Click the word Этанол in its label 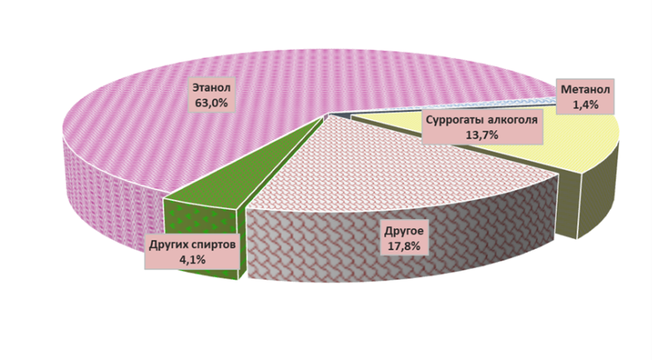(212, 88)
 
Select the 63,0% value (212, 103)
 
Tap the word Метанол (586, 90)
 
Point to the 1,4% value (586, 105)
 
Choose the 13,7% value (482, 134)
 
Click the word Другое (405, 231)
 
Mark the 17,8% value (404, 246)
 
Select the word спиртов (213, 245)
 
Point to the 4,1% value (193, 260)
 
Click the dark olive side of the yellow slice (596, 197)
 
